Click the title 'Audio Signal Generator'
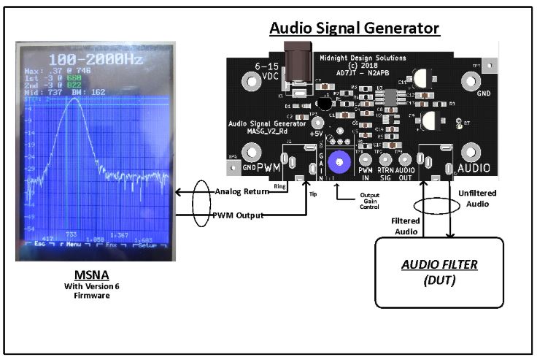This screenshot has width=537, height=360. click(355, 28)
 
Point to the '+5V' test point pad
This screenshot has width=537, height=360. click(317, 123)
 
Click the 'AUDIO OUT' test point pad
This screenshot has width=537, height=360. click(405, 158)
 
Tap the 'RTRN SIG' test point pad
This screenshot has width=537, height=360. click(386, 158)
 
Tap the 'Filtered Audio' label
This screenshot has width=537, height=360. click(404, 225)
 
